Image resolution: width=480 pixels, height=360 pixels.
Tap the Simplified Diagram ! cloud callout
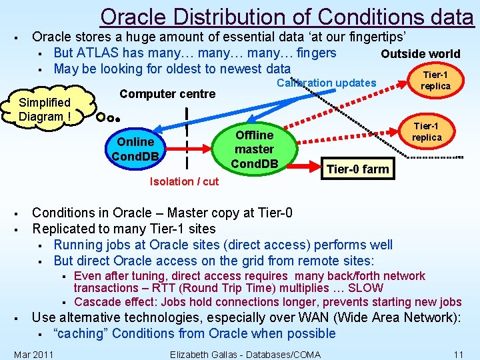(x=45, y=109)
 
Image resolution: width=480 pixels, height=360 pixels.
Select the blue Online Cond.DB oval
(x=135, y=149)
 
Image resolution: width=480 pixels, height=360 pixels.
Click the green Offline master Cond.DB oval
(x=254, y=149)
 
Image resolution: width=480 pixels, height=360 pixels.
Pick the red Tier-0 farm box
(x=357, y=169)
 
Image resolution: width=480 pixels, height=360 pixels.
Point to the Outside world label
(x=420, y=54)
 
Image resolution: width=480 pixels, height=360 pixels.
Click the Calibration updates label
(x=326, y=83)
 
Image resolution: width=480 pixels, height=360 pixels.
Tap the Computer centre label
(x=167, y=94)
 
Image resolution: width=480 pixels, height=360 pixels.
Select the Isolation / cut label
(x=184, y=181)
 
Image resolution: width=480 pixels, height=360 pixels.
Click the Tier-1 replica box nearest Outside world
(x=435, y=81)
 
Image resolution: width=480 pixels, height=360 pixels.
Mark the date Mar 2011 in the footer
(x=33, y=354)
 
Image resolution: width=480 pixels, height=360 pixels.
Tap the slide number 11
(x=458, y=354)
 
